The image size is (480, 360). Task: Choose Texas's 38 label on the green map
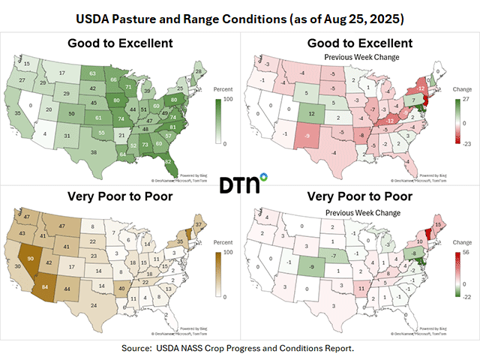[93, 152]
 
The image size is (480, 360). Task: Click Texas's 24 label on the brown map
[92, 305]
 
